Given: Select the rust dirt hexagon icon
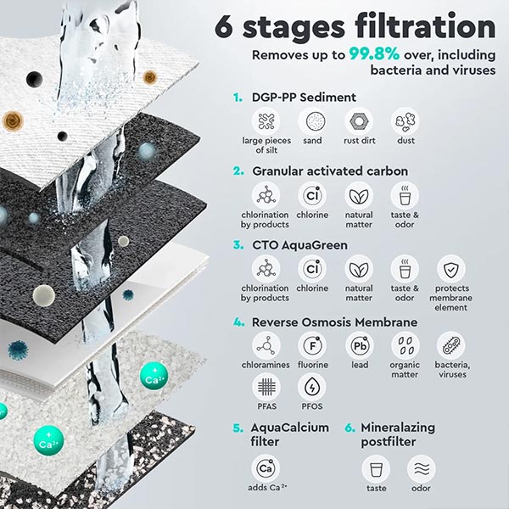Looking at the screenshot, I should (x=358, y=121).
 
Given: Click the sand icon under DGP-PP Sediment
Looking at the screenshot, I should (x=312, y=121).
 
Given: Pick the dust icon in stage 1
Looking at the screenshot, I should (x=405, y=121).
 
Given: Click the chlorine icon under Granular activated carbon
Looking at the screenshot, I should (x=312, y=195).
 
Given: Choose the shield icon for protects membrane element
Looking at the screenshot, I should (x=450, y=269).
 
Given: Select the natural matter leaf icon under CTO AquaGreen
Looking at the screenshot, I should (x=358, y=269).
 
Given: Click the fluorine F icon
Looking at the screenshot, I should (x=312, y=344).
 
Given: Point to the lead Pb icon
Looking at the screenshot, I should (x=358, y=344).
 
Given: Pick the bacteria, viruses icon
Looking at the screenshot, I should (x=450, y=344).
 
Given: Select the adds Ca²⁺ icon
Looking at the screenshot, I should (x=266, y=468).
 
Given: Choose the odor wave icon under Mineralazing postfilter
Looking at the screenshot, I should (x=421, y=468).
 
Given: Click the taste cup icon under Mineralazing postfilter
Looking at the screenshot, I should (x=374, y=468).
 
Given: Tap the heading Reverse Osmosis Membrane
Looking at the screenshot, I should (x=334, y=322).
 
